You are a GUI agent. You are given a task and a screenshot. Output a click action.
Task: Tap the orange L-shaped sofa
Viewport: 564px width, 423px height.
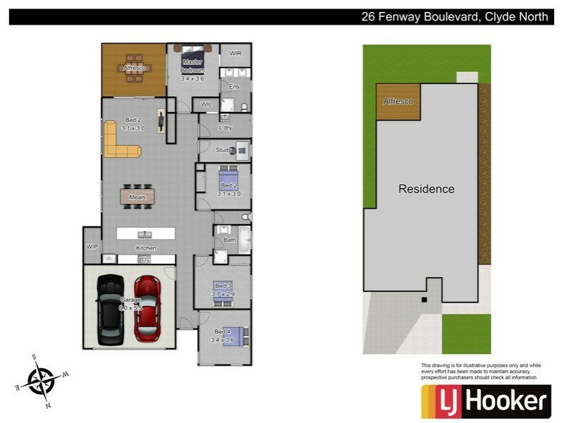coord(120,142)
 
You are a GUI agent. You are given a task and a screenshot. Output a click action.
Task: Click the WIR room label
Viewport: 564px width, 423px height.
coord(235,54)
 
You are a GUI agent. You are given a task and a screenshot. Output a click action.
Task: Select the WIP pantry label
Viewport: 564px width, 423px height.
coord(92,247)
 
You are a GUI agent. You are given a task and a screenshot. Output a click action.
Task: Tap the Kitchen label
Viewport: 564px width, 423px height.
coord(146,248)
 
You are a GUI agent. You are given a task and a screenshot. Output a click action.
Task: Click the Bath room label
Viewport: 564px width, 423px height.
coord(229,240)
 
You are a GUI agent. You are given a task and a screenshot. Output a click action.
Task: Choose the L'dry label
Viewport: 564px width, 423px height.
coord(226,128)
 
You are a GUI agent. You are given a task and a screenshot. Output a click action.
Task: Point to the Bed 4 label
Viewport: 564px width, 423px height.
coord(221,332)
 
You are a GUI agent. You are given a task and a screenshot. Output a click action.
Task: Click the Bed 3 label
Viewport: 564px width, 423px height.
coord(223,286)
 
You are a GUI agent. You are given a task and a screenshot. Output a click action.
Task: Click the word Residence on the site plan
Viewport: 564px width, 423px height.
coord(427,189)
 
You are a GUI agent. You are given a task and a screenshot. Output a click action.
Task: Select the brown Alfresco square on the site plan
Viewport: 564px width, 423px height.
coord(398,102)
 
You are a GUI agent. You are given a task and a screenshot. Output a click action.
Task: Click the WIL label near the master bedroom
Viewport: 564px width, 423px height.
coord(206,104)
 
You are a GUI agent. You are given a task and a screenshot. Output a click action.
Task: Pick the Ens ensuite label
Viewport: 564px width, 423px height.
coord(235,87)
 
